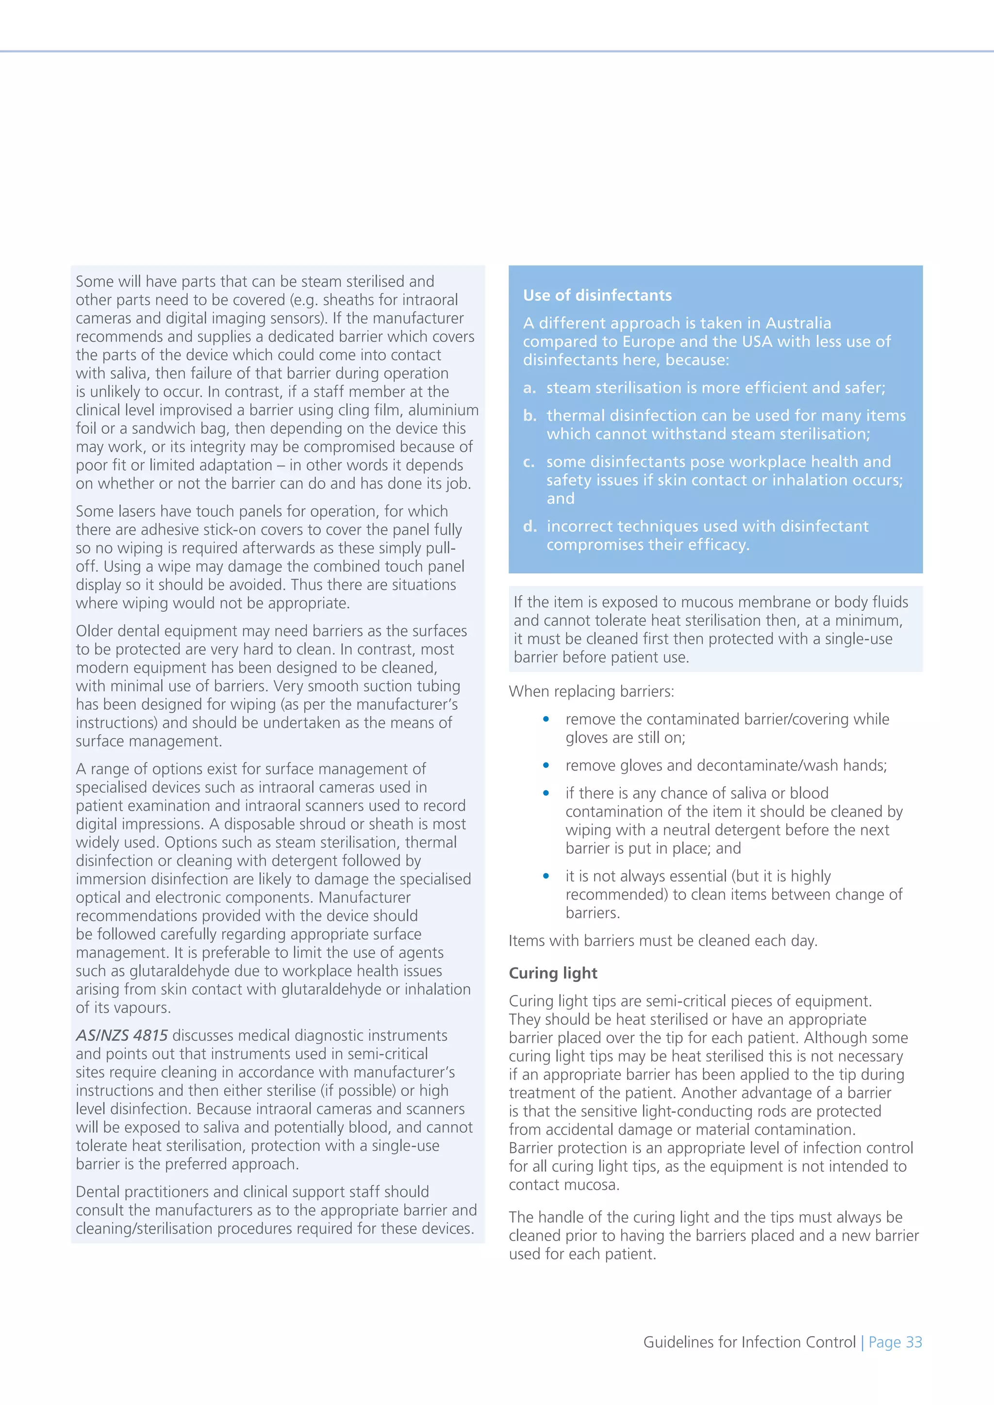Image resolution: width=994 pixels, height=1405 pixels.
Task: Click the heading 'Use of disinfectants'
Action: [x=597, y=295]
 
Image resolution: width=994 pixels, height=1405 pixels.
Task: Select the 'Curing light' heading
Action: [x=553, y=973]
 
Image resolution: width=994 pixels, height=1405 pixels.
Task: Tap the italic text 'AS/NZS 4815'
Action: [x=122, y=1035]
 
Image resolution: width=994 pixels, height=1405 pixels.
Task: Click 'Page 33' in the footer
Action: [x=895, y=1342]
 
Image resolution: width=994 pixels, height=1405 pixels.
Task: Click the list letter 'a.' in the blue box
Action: [x=530, y=388]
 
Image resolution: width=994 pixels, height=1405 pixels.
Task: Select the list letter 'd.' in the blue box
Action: [x=530, y=526]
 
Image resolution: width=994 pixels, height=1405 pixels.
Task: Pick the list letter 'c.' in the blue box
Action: [x=529, y=462]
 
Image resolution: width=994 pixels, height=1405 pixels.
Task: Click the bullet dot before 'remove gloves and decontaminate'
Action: [x=546, y=766]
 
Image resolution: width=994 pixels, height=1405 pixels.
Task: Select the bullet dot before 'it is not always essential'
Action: [x=546, y=876]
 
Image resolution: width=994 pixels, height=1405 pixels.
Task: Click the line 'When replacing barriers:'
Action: [x=591, y=691]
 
